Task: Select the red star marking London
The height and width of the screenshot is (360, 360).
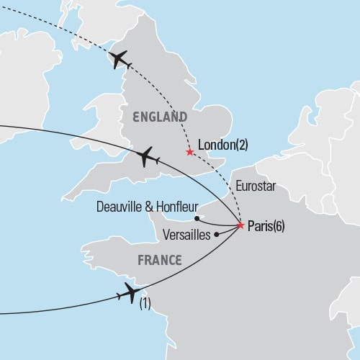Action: coord(189,152)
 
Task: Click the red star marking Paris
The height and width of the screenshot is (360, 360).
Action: coord(240,226)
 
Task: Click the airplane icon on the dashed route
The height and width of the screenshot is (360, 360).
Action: coord(120,60)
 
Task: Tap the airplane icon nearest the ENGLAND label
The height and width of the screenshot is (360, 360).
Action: coord(147,156)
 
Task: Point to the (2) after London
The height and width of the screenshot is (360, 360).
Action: coord(240,145)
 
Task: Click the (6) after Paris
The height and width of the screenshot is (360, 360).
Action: coord(276,226)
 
